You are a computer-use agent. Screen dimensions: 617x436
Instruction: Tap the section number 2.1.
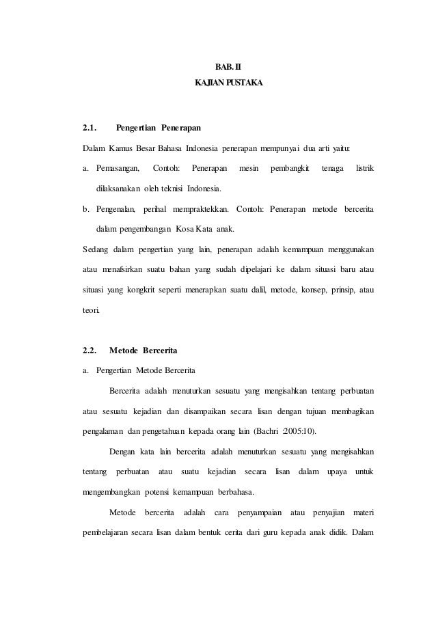pyautogui.click(x=89, y=128)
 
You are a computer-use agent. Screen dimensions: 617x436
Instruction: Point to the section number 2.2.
pyautogui.click(x=89, y=351)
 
